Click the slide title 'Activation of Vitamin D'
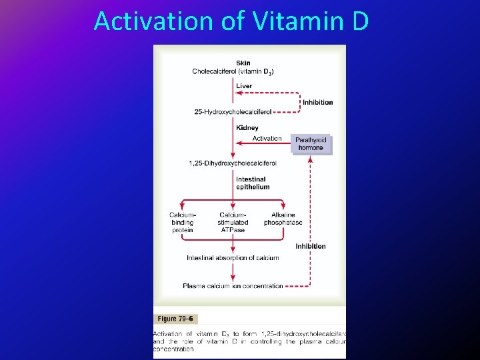tap(231, 21)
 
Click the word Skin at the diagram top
tap(243, 63)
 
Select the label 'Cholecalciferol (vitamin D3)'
tap(233, 71)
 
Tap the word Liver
tap(244, 86)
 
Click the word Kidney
tap(247, 127)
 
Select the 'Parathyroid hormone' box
tap(311, 144)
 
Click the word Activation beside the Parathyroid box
tap(267, 139)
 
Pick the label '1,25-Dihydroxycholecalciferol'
tap(233, 163)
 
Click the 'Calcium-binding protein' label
tap(182, 222)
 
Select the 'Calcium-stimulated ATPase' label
tap(233, 222)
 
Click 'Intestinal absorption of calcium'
tap(233, 257)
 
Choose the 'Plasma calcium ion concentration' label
tap(233, 286)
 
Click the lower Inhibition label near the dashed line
tap(311, 246)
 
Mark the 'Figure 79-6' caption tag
tap(176, 319)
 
